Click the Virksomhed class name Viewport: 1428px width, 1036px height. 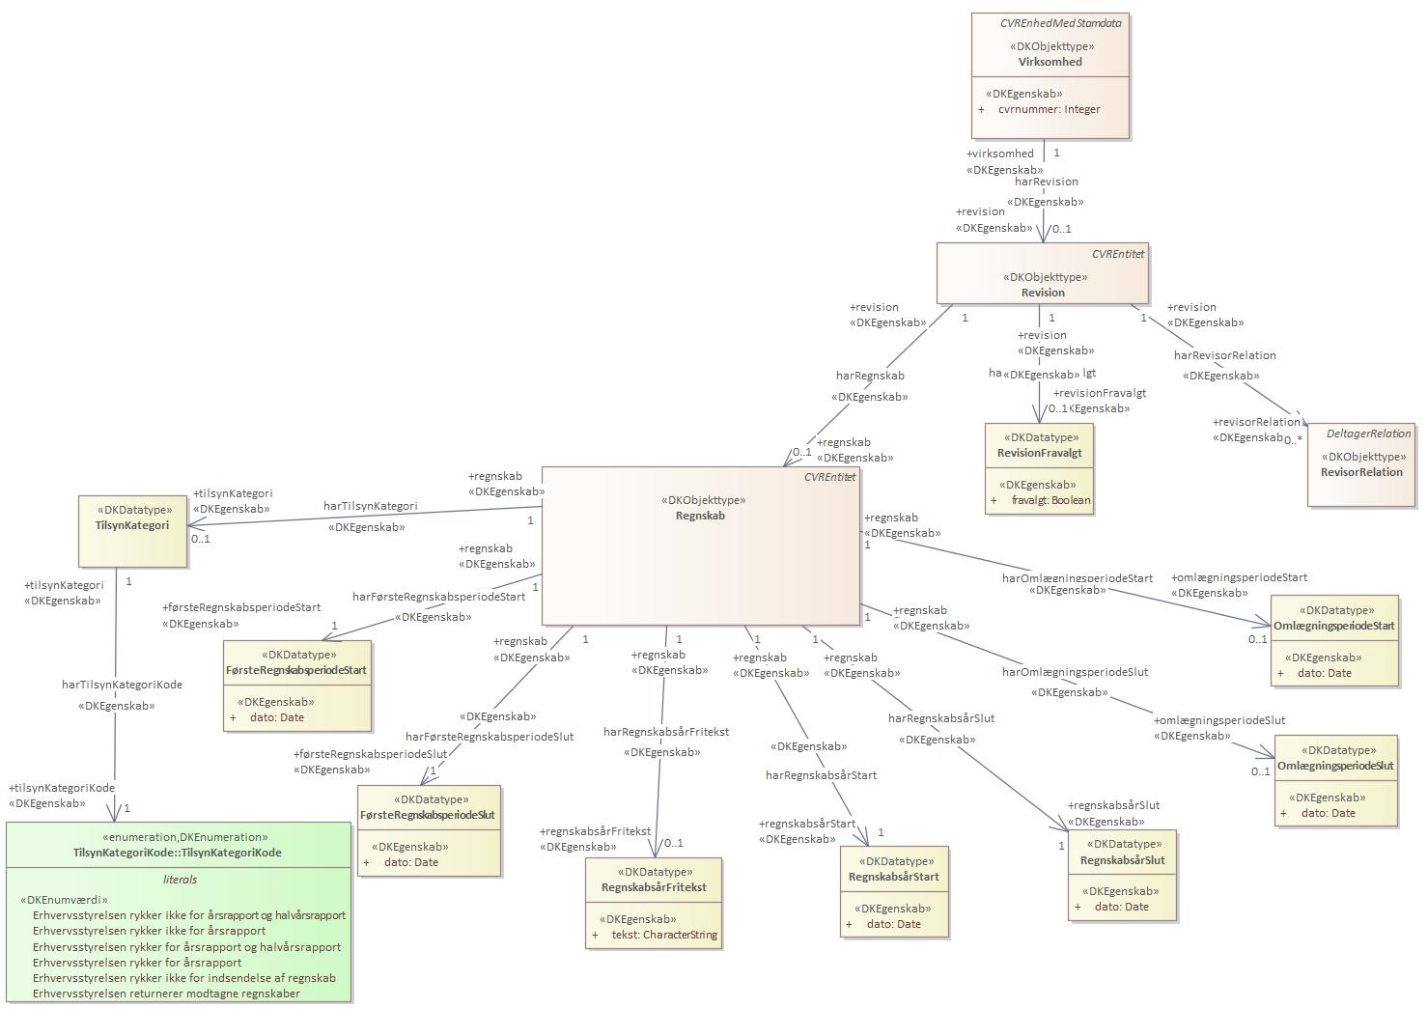(x=1050, y=62)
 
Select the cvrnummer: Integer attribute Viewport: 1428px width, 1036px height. (x=1049, y=109)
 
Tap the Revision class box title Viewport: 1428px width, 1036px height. (x=1043, y=293)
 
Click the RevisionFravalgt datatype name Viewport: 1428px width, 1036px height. (x=1039, y=453)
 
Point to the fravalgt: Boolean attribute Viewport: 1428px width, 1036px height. (x=1050, y=500)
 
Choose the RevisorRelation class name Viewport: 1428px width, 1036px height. (x=1361, y=472)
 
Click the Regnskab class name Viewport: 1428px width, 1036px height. (x=700, y=516)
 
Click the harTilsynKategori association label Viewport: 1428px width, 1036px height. (x=370, y=506)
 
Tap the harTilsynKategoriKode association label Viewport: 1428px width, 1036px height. (x=122, y=685)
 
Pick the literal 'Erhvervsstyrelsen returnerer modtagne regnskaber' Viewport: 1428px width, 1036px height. (x=166, y=994)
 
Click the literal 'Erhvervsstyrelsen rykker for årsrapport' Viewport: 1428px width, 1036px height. (x=137, y=963)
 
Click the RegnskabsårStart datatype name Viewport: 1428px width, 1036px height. (x=893, y=877)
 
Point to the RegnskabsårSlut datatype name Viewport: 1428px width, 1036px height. (x=1122, y=860)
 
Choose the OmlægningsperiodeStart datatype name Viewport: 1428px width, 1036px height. (x=1333, y=626)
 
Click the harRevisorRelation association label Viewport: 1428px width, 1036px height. (x=1224, y=355)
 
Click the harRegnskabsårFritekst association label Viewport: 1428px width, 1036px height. (x=666, y=732)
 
